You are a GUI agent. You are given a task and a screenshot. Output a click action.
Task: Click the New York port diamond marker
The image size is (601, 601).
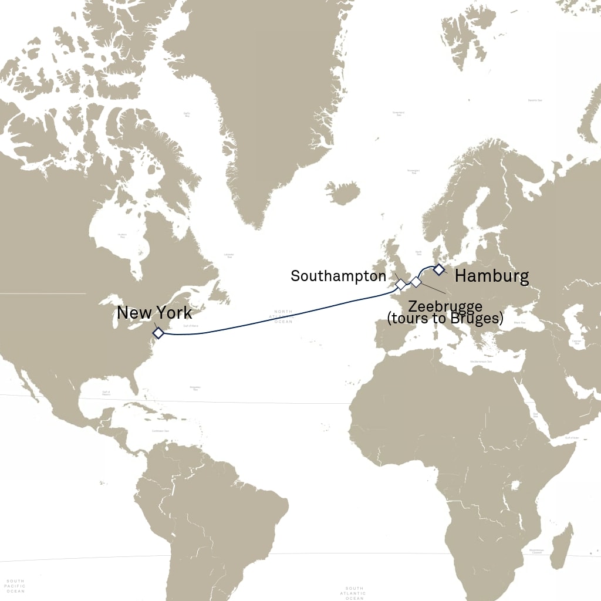coord(158,333)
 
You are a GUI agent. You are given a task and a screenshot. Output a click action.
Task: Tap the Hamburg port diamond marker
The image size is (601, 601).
coord(438,269)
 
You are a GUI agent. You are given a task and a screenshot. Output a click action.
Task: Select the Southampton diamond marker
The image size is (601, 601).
coord(401,284)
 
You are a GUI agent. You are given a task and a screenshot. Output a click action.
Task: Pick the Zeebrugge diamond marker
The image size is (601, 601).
coord(416,282)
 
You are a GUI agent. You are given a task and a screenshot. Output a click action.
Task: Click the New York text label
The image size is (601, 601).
coord(154,313)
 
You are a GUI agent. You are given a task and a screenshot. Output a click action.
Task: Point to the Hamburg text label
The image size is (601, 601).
coord(492,276)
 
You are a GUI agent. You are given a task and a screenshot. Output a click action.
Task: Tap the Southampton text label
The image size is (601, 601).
coord(339,276)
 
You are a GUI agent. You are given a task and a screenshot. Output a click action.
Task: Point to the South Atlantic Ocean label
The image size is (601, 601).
coord(354,593)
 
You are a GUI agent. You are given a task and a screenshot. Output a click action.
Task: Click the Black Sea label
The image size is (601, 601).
coord(519,323)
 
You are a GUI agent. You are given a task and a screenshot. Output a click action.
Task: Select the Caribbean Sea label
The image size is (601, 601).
coord(160,431)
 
